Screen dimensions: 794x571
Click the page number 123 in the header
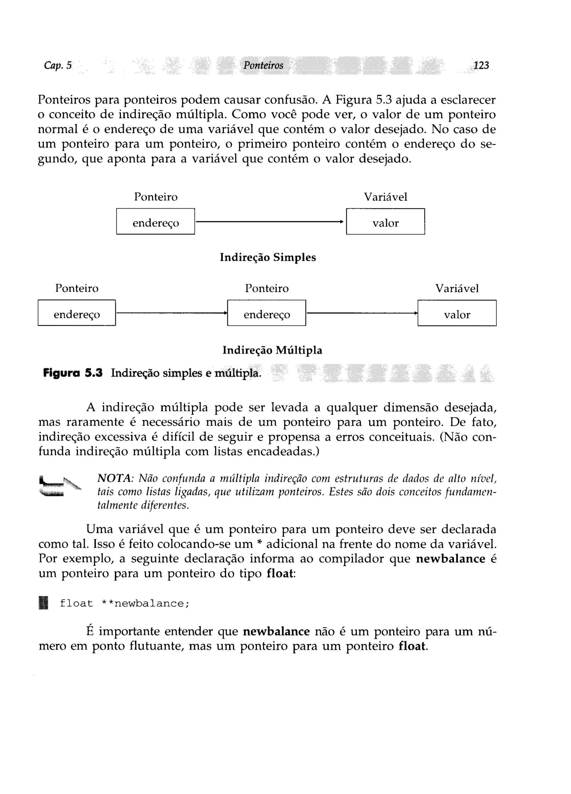click(x=481, y=66)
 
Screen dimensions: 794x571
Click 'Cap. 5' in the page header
click(x=58, y=66)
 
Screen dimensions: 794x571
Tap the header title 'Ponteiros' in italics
click(x=263, y=66)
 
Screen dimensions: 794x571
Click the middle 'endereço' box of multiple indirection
click(x=267, y=313)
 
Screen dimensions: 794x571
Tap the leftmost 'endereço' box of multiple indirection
click(x=77, y=313)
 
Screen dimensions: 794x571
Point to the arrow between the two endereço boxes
click(x=171, y=313)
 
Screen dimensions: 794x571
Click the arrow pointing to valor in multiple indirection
click(x=362, y=313)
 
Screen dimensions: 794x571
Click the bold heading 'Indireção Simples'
click(x=268, y=257)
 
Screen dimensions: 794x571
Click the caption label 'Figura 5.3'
click(x=73, y=373)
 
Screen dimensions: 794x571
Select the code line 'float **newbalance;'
click(x=124, y=604)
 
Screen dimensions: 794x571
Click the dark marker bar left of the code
click(x=43, y=604)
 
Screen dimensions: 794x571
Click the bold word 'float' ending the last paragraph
click(x=412, y=646)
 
